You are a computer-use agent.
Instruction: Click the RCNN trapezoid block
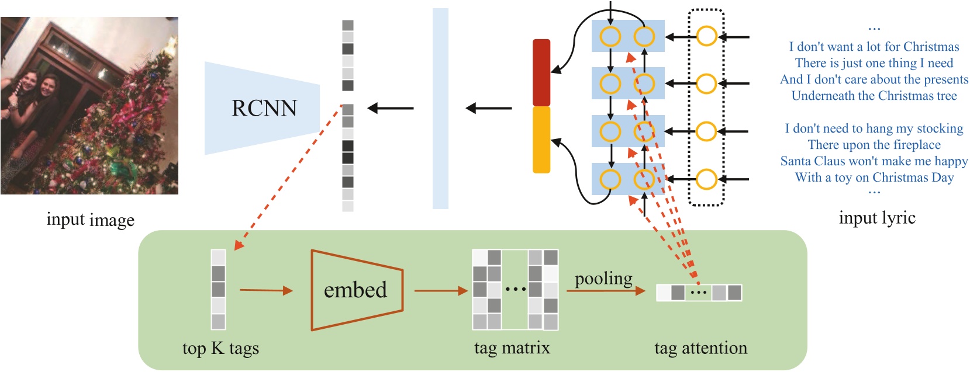click(263, 108)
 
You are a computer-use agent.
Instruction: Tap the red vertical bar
click(541, 72)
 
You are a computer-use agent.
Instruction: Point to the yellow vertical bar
click(541, 140)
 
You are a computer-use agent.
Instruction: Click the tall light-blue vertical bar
click(440, 109)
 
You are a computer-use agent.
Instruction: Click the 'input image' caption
click(90, 220)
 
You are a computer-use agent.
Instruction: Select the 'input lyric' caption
click(876, 218)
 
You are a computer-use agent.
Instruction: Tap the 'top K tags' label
click(220, 348)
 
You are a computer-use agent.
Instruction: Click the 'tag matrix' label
click(512, 348)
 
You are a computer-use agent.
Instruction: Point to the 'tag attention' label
click(700, 348)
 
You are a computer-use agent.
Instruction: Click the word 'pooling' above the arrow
click(603, 279)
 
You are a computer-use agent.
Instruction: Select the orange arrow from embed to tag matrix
click(441, 290)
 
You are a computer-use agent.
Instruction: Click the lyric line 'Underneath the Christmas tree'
click(874, 96)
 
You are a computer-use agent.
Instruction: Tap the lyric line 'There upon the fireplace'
click(874, 145)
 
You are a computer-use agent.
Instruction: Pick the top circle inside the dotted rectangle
click(706, 37)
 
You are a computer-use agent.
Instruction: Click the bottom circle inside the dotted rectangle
click(706, 179)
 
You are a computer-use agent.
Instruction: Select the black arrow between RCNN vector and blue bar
click(391, 108)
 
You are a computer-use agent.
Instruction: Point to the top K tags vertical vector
click(218, 290)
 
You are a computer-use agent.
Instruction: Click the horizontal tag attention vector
click(699, 292)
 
